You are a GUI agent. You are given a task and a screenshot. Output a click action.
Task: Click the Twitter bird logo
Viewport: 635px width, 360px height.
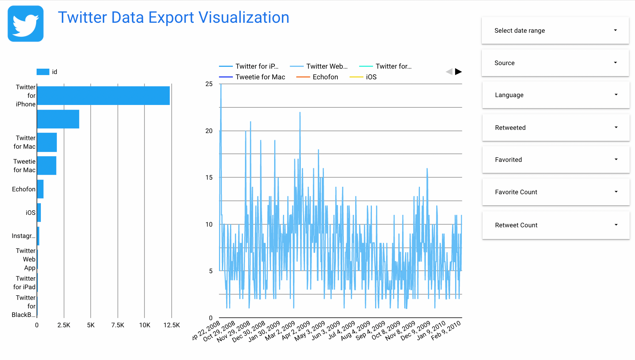click(x=26, y=23)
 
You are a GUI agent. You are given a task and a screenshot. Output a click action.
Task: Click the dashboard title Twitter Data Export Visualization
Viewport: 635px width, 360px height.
click(x=174, y=17)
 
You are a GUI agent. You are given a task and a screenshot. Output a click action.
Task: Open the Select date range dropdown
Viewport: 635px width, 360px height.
click(x=555, y=31)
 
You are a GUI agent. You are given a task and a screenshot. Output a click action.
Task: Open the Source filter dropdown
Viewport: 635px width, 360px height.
click(x=555, y=63)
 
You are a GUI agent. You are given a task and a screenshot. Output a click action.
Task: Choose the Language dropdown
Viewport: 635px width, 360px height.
click(x=555, y=95)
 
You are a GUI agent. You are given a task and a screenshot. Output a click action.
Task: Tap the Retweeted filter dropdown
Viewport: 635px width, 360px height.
click(x=555, y=128)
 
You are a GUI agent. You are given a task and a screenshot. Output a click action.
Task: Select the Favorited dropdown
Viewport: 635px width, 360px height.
click(x=555, y=160)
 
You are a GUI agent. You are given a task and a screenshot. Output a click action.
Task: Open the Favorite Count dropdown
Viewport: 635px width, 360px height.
click(x=555, y=192)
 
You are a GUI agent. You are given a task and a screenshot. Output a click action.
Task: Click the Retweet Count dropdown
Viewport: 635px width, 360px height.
click(x=555, y=225)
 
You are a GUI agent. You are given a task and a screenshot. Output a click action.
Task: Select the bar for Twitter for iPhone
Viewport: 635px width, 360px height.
click(x=103, y=96)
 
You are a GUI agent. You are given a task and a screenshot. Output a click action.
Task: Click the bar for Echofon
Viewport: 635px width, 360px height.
click(x=40, y=189)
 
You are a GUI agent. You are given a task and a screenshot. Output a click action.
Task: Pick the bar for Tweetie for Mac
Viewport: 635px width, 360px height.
click(x=47, y=165)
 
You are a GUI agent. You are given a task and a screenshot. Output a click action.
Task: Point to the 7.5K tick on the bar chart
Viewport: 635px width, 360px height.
click(x=118, y=325)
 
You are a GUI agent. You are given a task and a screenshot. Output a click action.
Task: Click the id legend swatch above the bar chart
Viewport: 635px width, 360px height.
click(x=43, y=72)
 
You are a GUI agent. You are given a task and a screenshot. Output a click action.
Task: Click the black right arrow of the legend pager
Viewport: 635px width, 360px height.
click(x=458, y=72)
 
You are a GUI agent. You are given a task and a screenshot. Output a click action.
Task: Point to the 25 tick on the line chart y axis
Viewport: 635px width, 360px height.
click(x=209, y=84)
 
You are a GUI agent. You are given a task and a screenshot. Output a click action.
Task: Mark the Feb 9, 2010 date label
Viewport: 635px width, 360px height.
click(x=446, y=330)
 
